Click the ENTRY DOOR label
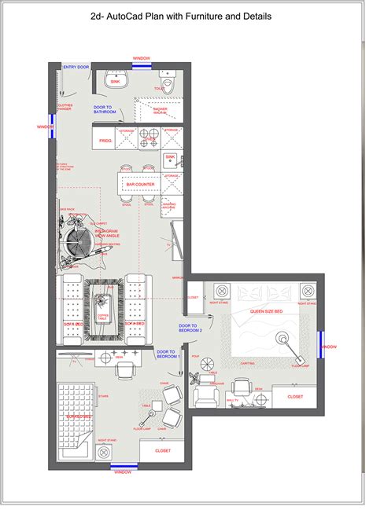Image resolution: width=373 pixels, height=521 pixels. [76, 68]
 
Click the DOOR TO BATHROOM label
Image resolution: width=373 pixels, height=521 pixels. [105, 110]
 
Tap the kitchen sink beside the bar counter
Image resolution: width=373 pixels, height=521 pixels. [169, 160]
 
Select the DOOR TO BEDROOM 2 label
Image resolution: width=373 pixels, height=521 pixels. [191, 328]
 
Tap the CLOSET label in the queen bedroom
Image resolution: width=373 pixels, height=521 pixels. [294, 397]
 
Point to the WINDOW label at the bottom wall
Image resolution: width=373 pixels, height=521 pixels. [123, 472]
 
